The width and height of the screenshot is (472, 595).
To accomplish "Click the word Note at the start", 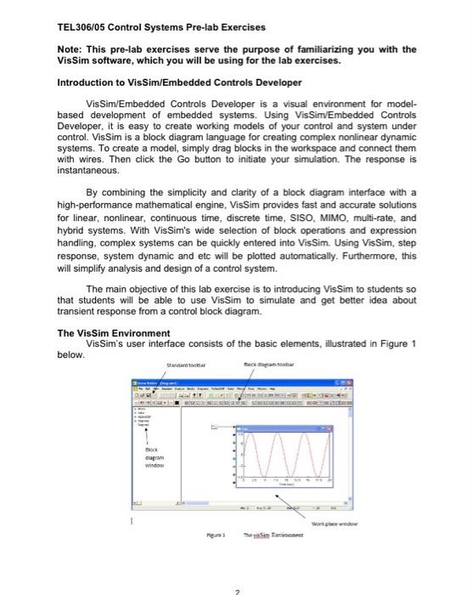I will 70,49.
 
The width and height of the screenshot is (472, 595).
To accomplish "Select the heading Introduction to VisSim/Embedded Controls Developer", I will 178,82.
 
